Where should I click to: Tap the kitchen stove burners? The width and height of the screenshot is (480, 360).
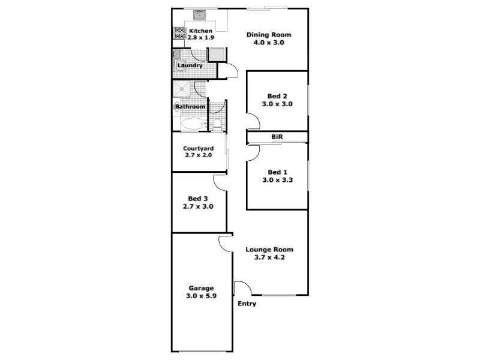[179, 34]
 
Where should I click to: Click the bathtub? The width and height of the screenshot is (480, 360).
[194, 124]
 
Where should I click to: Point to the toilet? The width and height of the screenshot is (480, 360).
[217, 124]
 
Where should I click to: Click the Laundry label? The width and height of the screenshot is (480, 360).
[190, 65]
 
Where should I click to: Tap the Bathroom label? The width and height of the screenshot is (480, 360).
[190, 107]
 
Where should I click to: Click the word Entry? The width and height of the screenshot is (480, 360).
[247, 304]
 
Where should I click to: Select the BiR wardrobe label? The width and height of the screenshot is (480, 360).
[277, 137]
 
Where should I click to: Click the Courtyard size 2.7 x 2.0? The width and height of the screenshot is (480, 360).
[198, 155]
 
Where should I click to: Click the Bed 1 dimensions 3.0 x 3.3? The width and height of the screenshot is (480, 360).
[277, 180]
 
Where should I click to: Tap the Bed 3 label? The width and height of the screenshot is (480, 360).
[198, 198]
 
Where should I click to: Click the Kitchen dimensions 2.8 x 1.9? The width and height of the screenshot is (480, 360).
[201, 38]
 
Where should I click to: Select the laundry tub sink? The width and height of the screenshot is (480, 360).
[178, 56]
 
